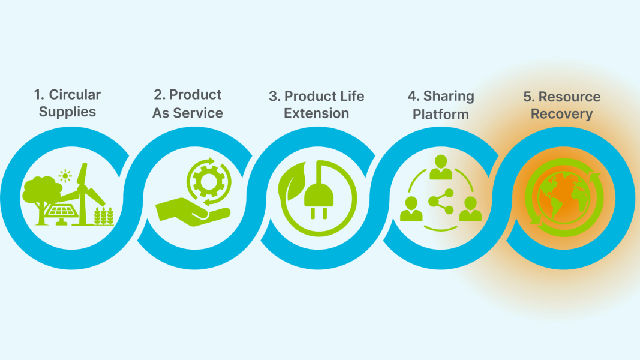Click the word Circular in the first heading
[x=75, y=95]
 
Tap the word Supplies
[x=67, y=112]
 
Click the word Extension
[x=316, y=113]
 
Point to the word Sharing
[x=449, y=97]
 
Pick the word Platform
[x=441, y=114]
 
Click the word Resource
[x=569, y=97]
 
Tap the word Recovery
[x=561, y=114]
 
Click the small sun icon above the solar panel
[x=65, y=176]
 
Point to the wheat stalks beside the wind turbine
[x=104, y=216]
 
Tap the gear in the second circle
[x=209, y=181]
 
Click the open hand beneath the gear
[x=193, y=212]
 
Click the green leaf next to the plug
[x=292, y=182]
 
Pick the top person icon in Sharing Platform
[x=441, y=167]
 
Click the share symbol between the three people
[x=441, y=202]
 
